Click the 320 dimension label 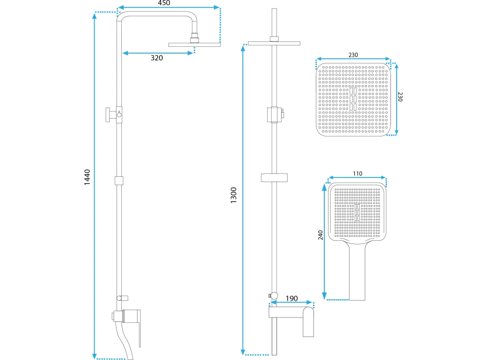[156, 58]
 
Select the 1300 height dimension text [234, 195]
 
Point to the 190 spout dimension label [291, 299]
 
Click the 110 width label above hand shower [357, 174]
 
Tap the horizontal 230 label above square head [354, 54]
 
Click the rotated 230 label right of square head [401, 97]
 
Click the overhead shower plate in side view [195, 45]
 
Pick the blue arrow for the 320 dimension [157, 51]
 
